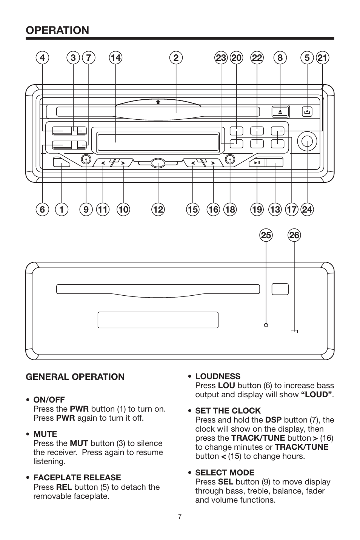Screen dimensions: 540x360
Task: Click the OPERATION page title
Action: point(57,30)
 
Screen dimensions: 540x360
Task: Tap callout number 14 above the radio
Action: point(115,58)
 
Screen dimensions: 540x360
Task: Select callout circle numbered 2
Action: point(176,58)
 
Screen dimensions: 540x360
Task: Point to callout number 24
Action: point(307,209)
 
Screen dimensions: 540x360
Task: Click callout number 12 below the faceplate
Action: point(158,209)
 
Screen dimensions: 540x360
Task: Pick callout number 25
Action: point(266,236)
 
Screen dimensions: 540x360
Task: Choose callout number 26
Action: point(294,236)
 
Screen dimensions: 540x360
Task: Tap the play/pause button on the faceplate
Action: point(257,163)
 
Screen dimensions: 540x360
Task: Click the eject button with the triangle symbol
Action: point(280,112)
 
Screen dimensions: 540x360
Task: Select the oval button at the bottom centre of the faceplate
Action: point(158,163)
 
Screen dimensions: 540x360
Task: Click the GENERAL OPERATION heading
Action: point(75,377)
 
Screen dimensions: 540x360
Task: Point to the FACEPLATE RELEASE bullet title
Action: point(77,478)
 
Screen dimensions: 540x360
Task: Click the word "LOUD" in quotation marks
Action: point(317,395)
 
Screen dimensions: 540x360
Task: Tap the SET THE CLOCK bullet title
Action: point(228,410)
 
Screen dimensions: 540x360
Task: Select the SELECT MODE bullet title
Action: point(225,472)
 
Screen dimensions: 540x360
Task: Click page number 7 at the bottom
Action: point(180,517)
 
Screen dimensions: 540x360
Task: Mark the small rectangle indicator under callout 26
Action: point(294,332)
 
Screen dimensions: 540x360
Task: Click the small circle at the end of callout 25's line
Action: point(266,325)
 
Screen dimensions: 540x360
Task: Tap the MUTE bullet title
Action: point(45,434)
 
